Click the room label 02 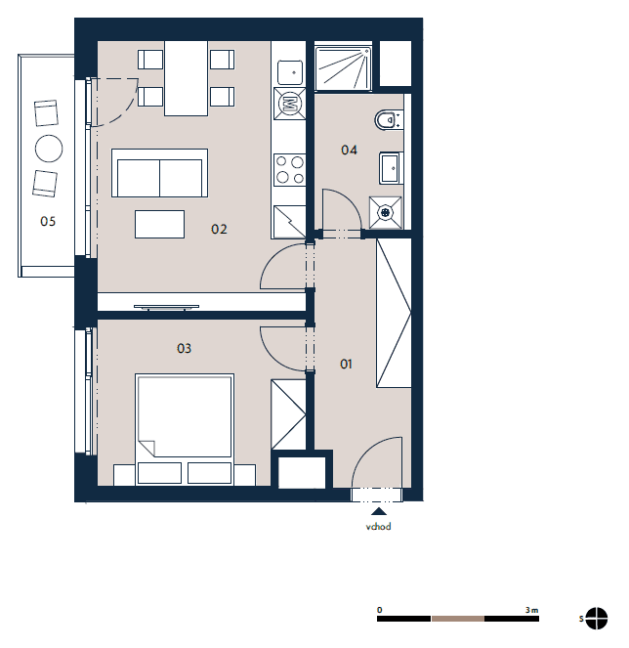(x=219, y=229)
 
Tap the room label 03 (x=184, y=348)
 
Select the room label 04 (x=349, y=150)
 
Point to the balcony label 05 (x=48, y=222)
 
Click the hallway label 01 (x=346, y=365)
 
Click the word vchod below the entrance (x=378, y=527)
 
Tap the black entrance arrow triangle (x=379, y=511)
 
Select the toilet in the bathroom (x=388, y=120)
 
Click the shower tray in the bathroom (x=343, y=68)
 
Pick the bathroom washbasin (x=391, y=168)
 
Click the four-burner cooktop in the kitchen (x=289, y=169)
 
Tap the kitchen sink (x=290, y=72)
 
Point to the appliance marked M (x=290, y=104)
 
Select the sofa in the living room (x=159, y=173)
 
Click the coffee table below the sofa (x=159, y=224)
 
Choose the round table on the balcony (x=49, y=149)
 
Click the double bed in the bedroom (x=185, y=429)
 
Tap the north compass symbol (x=597, y=619)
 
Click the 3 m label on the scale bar (x=531, y=610)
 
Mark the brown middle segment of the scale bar (x=458, y=619)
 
